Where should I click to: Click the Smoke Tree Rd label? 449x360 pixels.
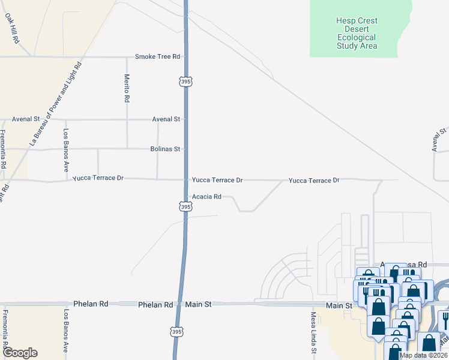[x=157, y=56]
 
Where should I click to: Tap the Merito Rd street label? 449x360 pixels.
[x=127, y=89]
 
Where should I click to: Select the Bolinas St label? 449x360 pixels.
[x=165, y=149]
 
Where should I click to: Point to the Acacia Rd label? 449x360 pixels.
[x=206, y=196]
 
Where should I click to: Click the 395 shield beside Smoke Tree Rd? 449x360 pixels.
[x=185, y=80]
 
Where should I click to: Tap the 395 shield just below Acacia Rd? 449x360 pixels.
[x=185, y=206]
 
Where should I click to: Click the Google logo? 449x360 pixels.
[x=19, y=353]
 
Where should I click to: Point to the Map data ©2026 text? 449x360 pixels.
[x=423, y=355]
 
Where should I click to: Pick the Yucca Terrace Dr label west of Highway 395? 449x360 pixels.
[x=98, y=178]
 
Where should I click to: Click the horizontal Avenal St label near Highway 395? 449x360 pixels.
[x=166, y=119]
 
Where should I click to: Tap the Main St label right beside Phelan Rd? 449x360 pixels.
[x=199, y=305]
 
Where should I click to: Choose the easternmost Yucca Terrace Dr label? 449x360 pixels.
[x=314, y=180]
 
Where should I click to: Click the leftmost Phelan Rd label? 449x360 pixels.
[x=90, y=304]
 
